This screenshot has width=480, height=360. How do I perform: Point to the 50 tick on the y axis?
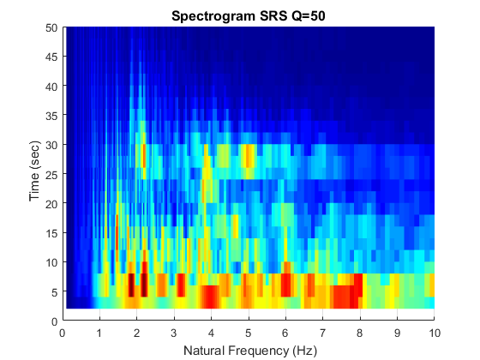[x=52, y=27]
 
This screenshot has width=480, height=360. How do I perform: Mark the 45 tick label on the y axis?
[x=52, y=57]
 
